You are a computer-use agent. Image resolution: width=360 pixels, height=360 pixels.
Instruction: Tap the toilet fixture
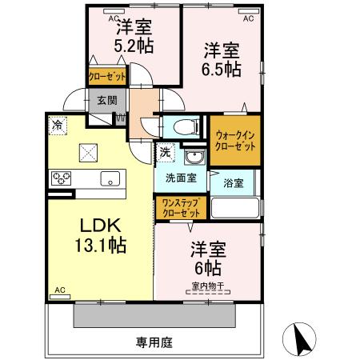pyautogui.click(x=182, y=126)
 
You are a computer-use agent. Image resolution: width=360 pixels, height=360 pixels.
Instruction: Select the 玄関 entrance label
pyautogui.click(x=106, y=101)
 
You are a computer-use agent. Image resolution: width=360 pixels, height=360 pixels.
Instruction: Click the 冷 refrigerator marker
pyautogui.click(x=58, y=124)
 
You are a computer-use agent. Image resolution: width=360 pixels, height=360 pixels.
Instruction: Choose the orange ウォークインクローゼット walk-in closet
pyautogui.click(x=235, y=142)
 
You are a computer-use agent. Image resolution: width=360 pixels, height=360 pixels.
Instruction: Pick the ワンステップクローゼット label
pyautogui.click(x=182, y=208)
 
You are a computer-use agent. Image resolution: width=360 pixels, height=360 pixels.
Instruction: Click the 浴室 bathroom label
pyautogui.click(x=234, y=182)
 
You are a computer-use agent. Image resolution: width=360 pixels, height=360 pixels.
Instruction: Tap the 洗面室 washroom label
pyautogui.click(x=181, y=178)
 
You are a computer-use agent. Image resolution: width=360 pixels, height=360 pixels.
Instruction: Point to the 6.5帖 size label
pyautogui.click(x=222, y=69)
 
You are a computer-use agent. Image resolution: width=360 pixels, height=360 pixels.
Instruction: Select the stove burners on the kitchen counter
pyautogui.click(x=62, y=178)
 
